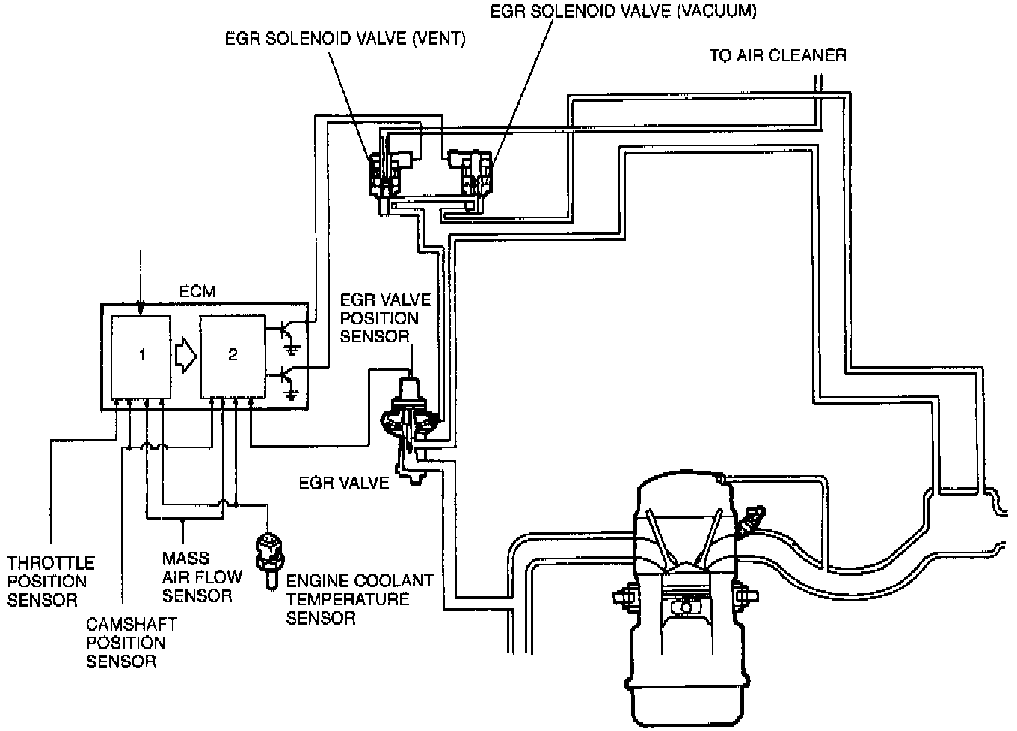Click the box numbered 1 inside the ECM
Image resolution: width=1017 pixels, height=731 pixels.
141,357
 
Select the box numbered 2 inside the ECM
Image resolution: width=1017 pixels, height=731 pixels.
232,357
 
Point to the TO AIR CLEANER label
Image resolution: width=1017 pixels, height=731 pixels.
778,56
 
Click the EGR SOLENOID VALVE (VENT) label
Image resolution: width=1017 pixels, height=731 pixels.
345,39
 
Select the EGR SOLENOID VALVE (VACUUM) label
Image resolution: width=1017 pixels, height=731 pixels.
623,11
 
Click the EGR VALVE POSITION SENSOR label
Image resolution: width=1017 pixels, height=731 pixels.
385,318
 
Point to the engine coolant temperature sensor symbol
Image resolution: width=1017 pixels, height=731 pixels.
267,554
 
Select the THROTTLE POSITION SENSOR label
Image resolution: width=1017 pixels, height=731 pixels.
51,581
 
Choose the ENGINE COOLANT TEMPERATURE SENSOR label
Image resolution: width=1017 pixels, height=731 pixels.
359,599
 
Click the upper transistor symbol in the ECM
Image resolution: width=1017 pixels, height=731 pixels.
288,334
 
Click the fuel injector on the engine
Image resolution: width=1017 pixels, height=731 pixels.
752,520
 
